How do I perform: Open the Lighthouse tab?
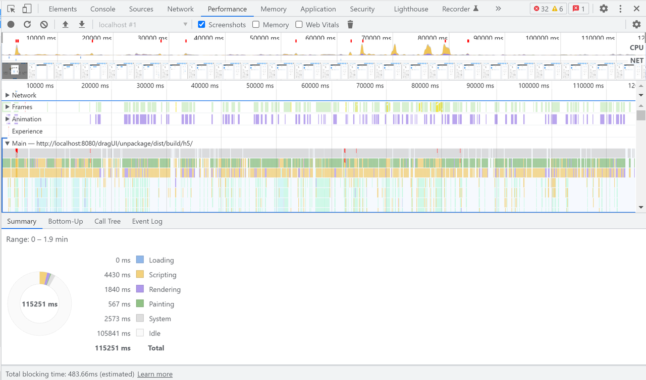tap(411, 9)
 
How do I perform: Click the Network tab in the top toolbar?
tap(180, 9)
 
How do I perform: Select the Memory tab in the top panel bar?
tap(273, 9)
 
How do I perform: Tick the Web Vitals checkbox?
tap(299, 24)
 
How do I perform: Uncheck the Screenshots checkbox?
tap(202, 24)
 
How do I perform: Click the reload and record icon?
tap(27, 24)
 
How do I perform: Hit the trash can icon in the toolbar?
tap(350, 24)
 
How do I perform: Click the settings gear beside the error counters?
tap(604, 9)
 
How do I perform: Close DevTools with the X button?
tap(636, 9)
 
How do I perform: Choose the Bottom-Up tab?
tap(66, 221)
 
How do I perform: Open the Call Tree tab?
tap(107, 221)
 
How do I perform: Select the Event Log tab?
tap(147, 221)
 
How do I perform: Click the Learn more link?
tap(155, 374)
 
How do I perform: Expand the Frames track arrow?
tap(8, 107)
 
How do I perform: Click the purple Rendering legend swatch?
tap(140, 289)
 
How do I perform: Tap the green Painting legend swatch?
tap(140, 303)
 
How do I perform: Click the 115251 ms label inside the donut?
tap(39, 304)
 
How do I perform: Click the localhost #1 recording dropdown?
tap(143, 24)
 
